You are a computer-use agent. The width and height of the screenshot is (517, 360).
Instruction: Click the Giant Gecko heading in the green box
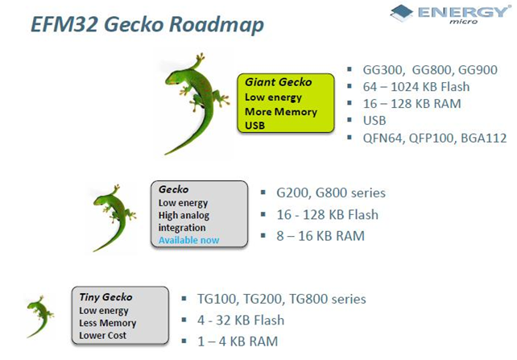[277, 82]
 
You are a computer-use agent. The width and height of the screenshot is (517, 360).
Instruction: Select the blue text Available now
[188, 240]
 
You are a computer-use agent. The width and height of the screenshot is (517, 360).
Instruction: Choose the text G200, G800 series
[331, 193]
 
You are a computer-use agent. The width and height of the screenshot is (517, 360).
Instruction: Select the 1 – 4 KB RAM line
[238, 341]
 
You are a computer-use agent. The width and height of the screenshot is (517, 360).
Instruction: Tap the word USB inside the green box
[255, 125]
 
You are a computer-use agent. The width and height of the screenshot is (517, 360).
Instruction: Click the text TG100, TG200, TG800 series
[282, 299]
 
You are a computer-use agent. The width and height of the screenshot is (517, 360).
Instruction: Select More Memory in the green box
[281, 111]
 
